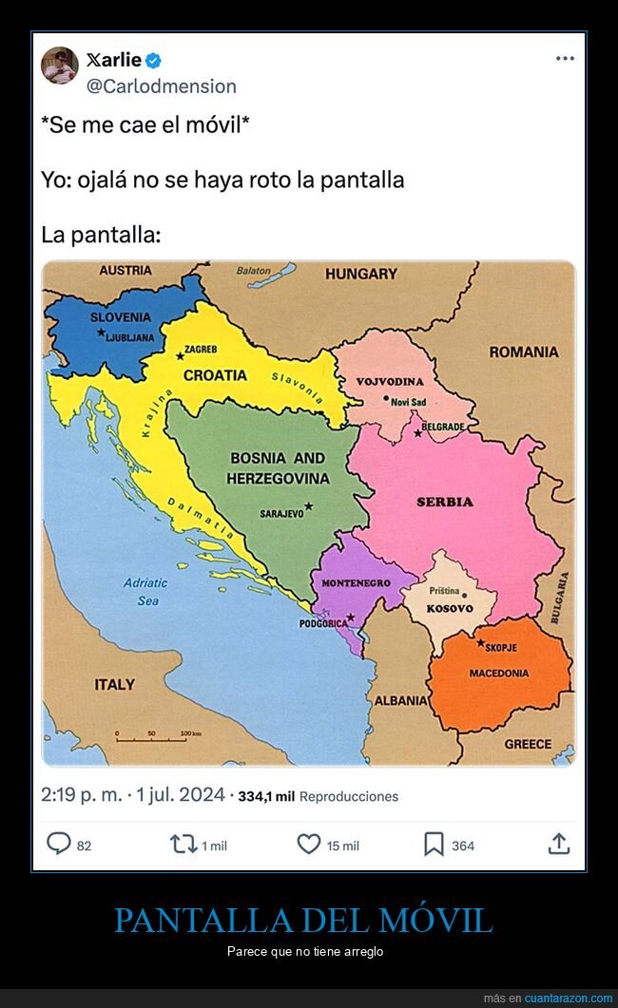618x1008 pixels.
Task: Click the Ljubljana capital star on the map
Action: click(101, 333)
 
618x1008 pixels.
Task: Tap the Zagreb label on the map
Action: click(201, 350)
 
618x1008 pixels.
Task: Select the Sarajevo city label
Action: click(281, 513)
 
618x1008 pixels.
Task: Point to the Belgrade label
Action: click(443, 427)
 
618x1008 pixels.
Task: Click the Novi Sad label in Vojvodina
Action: click(408, 402)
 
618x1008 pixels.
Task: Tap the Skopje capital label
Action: click(501, 647)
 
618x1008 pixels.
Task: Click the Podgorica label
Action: click(323, 623)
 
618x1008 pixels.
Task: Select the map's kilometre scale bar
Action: click(157, 734)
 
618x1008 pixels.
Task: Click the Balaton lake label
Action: click(254, 271)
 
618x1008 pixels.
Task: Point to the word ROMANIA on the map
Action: click(524, 352)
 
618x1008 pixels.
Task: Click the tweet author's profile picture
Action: click(60, 66)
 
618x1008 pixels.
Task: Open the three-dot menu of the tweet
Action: click(565, 59)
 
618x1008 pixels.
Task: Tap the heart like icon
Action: click(309, 844)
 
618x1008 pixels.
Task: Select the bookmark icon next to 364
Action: click(434, 844)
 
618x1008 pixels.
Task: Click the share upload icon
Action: click(559, 843)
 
